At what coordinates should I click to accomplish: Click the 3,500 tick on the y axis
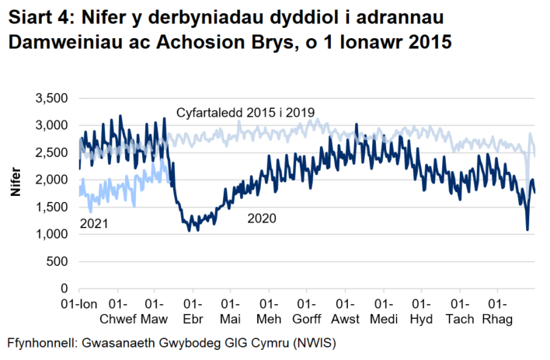coord(53,98)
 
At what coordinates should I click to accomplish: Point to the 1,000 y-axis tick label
coord(53,234)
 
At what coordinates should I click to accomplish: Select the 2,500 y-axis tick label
coord(53,152)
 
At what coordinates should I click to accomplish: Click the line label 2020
coord(261,219)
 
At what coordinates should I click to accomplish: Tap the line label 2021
coord(94,224)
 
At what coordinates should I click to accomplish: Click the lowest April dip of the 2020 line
coord(187,231)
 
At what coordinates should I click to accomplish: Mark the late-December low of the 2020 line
coord(527,229)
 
